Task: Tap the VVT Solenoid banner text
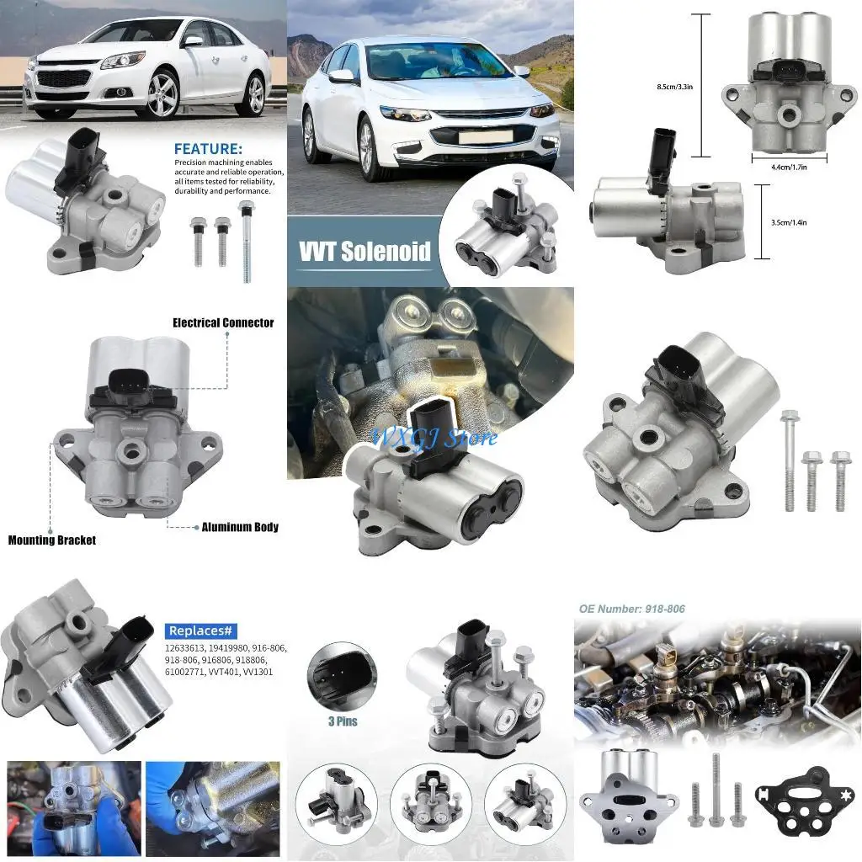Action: (x=364, y=250)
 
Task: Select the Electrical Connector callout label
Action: (x=223, y=322)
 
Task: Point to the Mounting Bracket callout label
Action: (x=52, y=540)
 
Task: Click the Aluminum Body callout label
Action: (x=240, y=527)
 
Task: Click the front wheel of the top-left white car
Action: (x=162, y=97)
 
